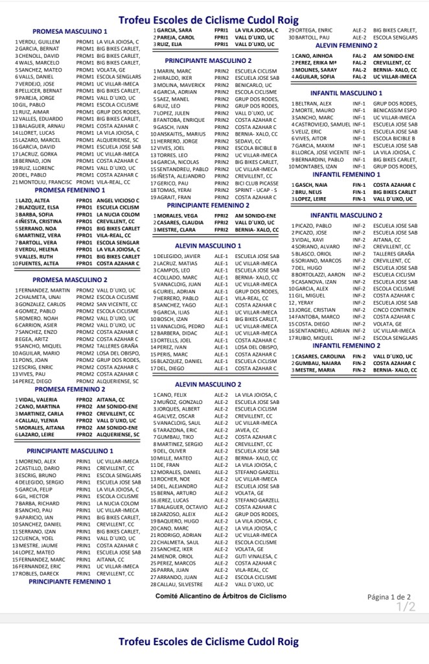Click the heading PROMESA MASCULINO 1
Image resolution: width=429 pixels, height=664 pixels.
point(70,32)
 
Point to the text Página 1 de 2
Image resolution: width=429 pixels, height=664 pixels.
point(389,597)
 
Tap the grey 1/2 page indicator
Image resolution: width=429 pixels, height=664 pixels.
point(406,607)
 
